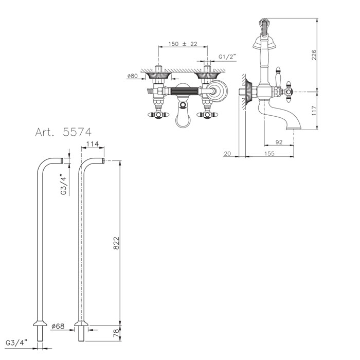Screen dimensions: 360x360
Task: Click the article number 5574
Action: (x=77, y=132)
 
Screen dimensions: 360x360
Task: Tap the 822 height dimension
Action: (x=117, y=243)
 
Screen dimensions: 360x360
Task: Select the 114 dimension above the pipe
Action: (x=93, y=144)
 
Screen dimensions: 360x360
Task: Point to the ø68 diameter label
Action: (x=58, y=326)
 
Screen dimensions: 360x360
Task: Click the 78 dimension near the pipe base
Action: (x=117, y=332)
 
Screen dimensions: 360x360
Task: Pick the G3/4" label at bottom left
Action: (x=16, y=343)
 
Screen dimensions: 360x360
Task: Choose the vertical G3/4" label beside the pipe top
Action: (x=64, y=185)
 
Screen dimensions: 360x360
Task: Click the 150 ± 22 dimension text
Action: (x=183, y=44)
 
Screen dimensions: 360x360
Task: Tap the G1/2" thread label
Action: (x=227, y=57)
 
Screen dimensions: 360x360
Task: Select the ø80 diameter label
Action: (x=132, y=76)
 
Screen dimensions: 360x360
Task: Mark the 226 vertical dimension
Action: (x=314, y=55)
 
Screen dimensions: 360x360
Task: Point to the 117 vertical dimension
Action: (x=314, y=111)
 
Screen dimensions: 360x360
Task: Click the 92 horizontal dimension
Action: (x=279, y=142)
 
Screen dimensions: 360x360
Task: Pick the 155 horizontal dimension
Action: (x=269, y=153)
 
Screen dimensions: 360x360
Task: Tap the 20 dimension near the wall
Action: (x=227, y=153)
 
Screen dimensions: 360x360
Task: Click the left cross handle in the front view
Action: (x=157, y=115)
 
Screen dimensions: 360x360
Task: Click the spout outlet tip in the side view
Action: (x=294, y=129)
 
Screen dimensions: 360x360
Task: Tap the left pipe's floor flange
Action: (x=40, y=323)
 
